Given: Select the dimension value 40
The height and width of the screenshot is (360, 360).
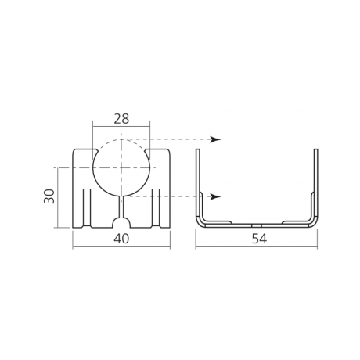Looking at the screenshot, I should (121, 239).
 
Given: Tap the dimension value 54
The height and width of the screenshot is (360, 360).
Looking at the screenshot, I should (256, 239).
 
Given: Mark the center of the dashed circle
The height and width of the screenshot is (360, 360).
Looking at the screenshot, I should (121, 167).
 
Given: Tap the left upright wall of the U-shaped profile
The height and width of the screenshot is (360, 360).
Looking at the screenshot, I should (197, 180).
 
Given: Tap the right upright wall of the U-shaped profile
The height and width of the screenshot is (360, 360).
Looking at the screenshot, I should (315, 180).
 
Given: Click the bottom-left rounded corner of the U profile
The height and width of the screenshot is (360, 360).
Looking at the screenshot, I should (200, 223).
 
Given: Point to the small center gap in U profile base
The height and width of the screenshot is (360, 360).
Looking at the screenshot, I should (256, 222).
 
